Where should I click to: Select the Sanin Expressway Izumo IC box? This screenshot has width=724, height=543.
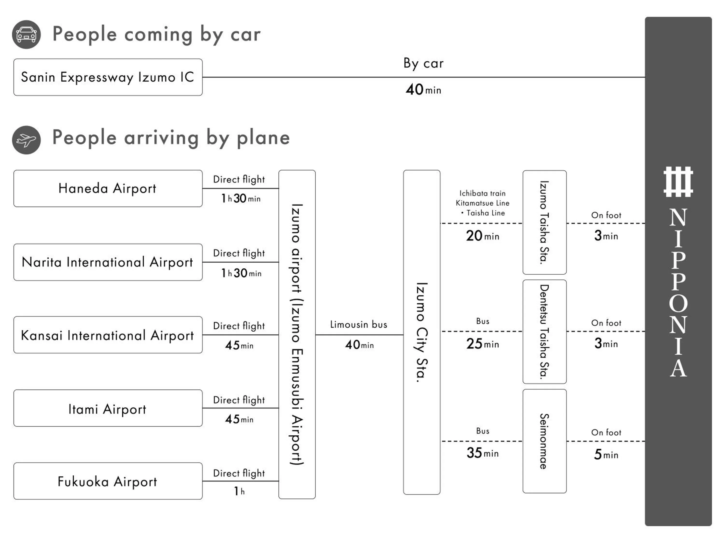[108, 77]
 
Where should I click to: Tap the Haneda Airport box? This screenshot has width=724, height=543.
[108, 188]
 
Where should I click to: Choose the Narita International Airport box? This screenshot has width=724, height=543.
[108, 262]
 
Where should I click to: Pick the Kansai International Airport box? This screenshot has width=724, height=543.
[108, 335]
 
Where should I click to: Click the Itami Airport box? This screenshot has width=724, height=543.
[108, 408]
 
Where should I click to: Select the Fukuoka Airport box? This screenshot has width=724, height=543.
[108, 481]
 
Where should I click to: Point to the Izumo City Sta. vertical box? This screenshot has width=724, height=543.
[422, 332]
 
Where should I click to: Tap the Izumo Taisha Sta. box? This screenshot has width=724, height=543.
[544, 222]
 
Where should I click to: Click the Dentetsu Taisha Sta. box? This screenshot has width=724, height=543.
[544, 332]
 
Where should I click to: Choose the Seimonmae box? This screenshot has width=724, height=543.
[544, 441]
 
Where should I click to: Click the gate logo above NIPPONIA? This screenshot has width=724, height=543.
[678, 182]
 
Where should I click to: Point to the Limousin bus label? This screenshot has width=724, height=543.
[359, 325]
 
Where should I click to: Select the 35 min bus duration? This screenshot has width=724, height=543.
[482, 453]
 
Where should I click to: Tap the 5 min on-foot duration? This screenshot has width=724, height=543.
[606, 454]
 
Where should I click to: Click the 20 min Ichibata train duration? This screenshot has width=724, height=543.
[482, 236]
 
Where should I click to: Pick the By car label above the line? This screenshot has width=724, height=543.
[424, 63]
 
